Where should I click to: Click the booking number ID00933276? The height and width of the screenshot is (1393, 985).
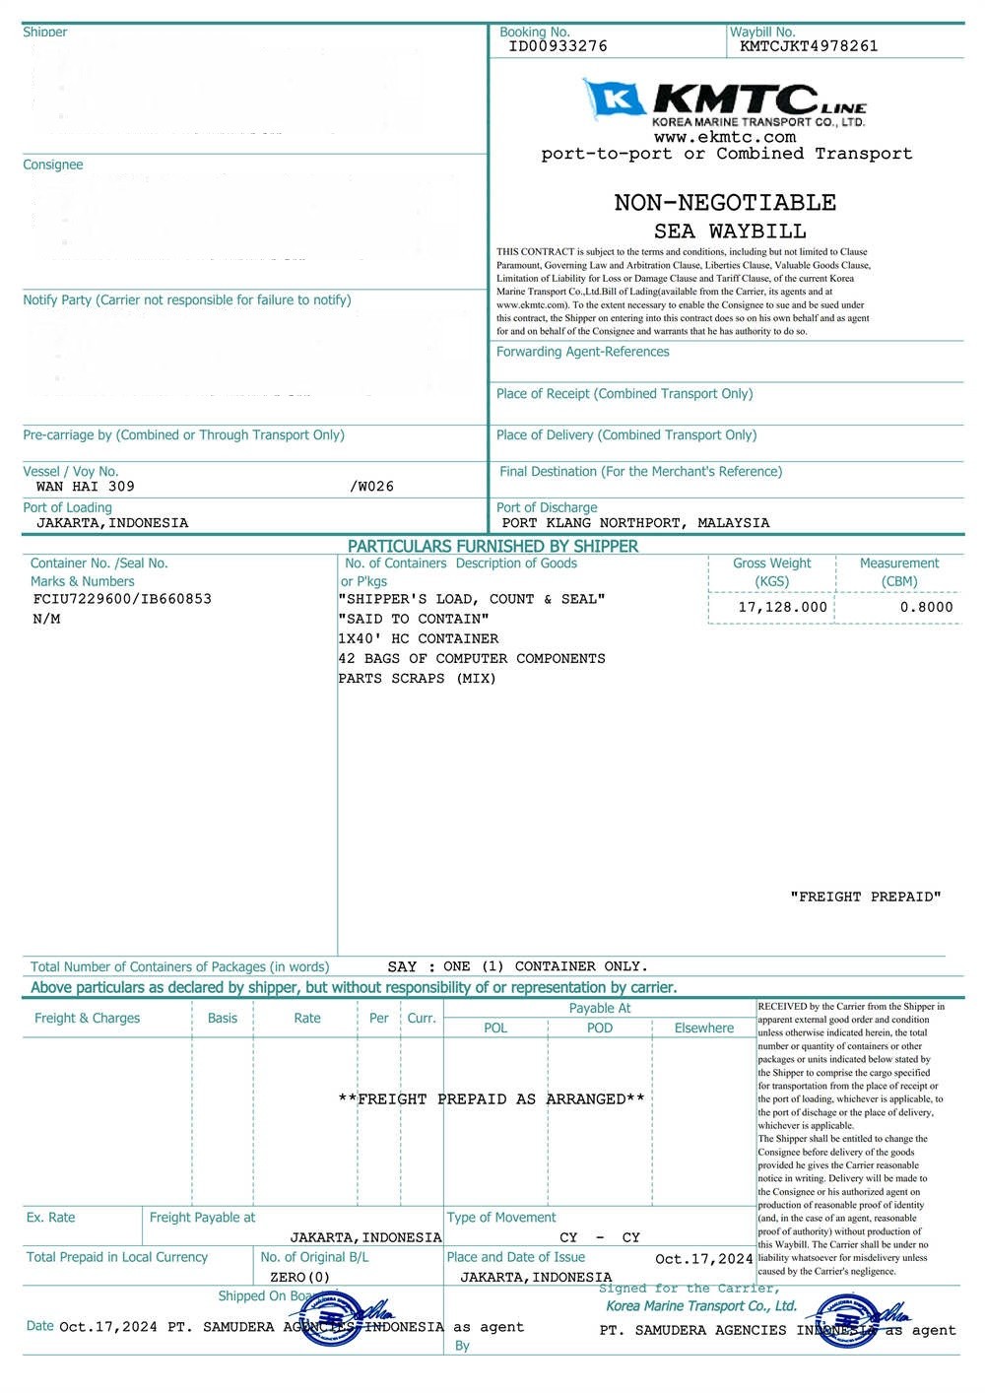[x=558, y=46]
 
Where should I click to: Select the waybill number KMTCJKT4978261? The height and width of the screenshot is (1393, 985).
[x=808, y=46]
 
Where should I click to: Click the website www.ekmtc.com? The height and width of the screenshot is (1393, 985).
[x=724, y=138]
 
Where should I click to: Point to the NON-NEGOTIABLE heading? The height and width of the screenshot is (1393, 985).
[x=725, y=203]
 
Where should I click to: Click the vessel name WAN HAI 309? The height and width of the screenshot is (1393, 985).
[x=86, y=487]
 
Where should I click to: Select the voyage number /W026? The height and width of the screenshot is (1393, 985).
[x=371, y=487]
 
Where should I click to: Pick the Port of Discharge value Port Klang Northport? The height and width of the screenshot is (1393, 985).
[x=635, y=523]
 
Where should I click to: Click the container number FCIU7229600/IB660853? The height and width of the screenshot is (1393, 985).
[x=122, y=599]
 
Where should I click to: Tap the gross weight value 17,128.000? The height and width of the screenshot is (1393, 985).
[x=782, y=608]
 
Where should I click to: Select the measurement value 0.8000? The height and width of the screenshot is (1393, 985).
[x=926, y=608]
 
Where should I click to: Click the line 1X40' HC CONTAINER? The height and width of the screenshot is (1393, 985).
[x=418, y=639]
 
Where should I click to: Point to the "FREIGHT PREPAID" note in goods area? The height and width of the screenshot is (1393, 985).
[x=865, y=897]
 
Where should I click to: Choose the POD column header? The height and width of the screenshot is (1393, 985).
[x=599, y=1028]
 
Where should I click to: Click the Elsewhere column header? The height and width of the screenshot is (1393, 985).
[x=703, y=1028]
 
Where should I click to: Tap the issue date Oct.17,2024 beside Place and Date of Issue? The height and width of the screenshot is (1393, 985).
[x=703, y=1259]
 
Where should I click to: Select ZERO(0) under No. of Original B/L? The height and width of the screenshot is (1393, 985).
[x=299, y=1278]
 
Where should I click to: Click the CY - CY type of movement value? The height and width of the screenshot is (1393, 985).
[x=599, y=1238]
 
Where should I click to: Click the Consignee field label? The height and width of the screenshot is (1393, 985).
[x=53, y=166]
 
